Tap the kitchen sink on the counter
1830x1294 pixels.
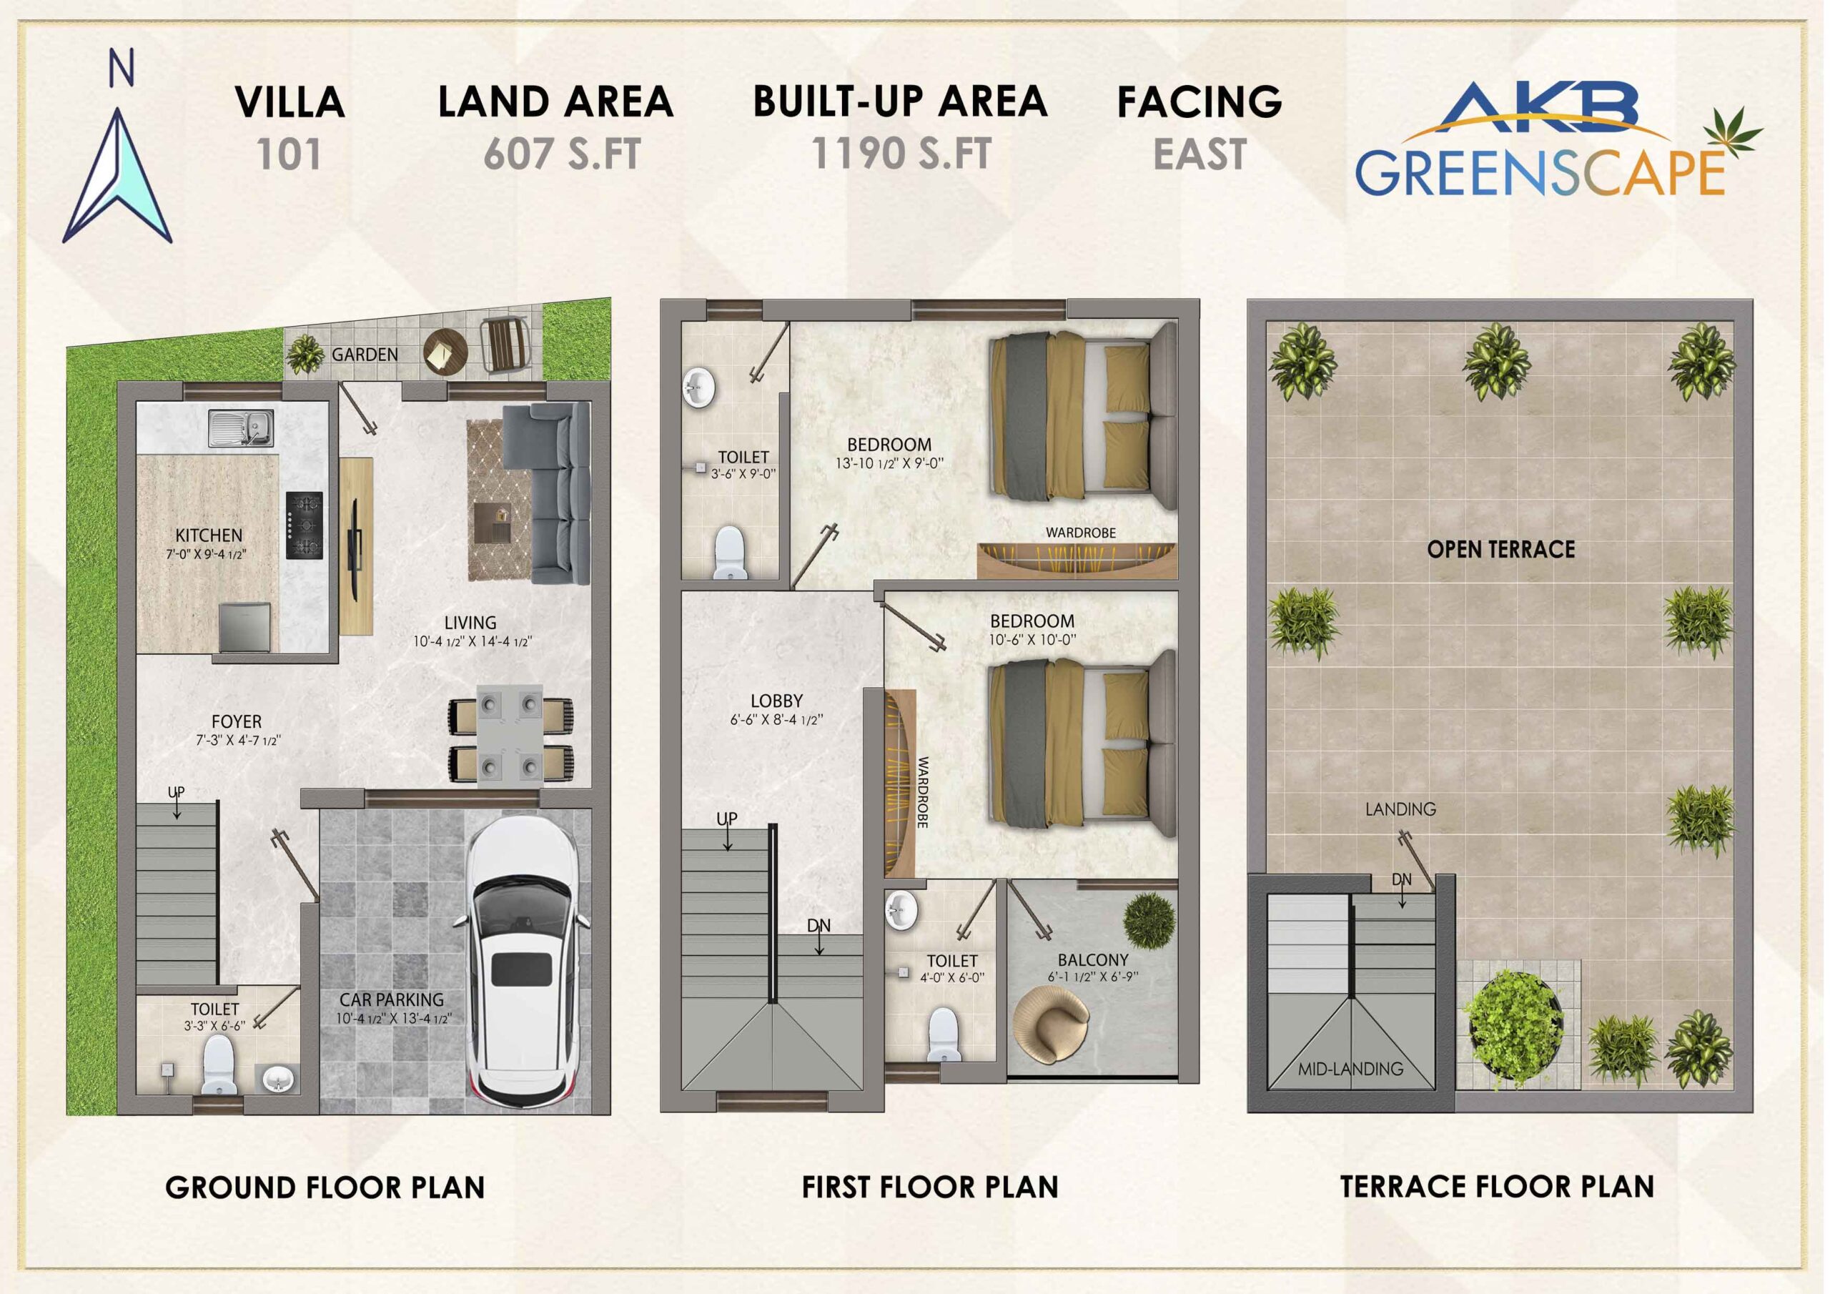pos(242,428)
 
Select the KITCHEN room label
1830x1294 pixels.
pos(209,535)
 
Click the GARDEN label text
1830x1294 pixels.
pos(365,355)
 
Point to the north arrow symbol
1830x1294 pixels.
pos(117,175)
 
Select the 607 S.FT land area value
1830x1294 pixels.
pos(562,154)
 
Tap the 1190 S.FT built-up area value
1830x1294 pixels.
pos(901,153)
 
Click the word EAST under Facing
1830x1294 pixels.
pos(1200,154)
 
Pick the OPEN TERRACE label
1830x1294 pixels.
pos(1501,549)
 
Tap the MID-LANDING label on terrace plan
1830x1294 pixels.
pos(1350,1070)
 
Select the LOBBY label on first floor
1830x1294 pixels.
pos(776,701)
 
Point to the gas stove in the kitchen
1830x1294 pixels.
pos(305,525)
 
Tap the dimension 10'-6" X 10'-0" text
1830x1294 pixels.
pos(1032,639)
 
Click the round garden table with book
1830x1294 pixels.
pos(445,350)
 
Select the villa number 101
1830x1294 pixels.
pos(290,154)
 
